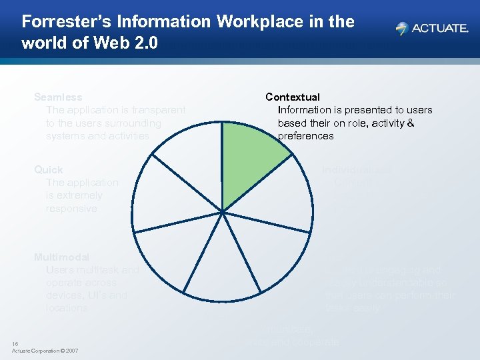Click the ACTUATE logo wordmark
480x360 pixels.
click(x=441, y=29)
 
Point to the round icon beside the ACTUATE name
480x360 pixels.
click(x=401, y=29)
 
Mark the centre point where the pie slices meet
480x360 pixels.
click(x=222, y=211)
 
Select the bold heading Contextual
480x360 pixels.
click(x=293, y=97)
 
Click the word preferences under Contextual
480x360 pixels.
click(x=305, y=136)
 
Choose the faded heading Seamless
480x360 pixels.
click(x=58, y=97)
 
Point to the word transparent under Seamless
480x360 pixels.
click(x=158, y=110)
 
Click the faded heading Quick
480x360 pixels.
click(x=49, y=170)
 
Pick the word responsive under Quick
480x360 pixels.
click(x=71, y=209)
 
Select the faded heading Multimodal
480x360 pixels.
click(x=61, y=257)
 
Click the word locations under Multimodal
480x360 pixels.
click(x=67, y=308)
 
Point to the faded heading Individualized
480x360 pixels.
click(x=357, y=170)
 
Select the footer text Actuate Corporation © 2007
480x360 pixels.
click(x=45, y=351)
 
